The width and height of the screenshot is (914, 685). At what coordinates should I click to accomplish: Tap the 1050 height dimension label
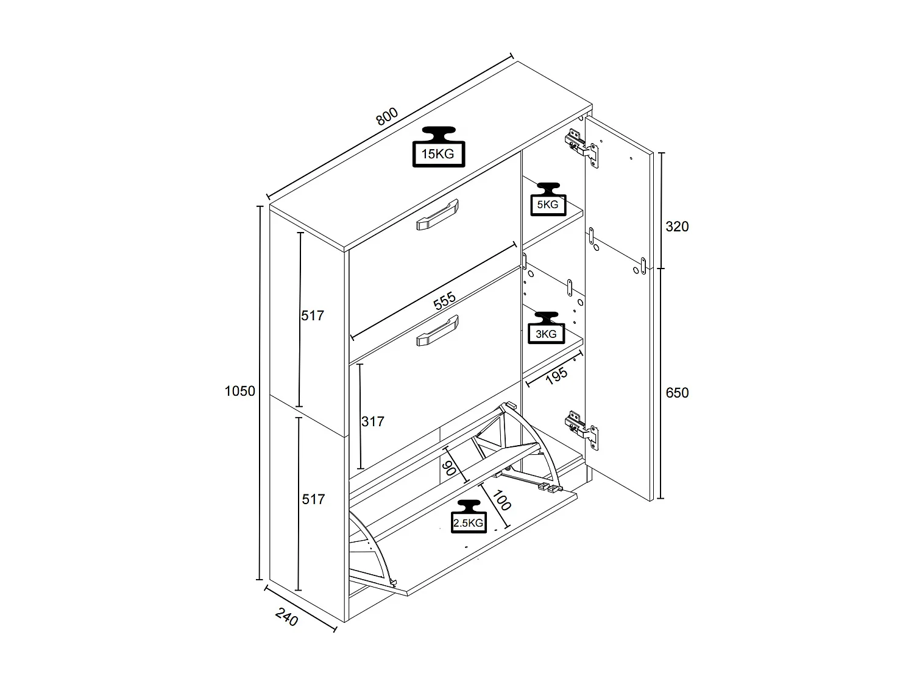tap(239, 392)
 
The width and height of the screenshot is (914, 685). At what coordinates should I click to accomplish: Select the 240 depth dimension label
tap(286, 617)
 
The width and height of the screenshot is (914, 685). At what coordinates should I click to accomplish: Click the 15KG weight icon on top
tap(438, 147)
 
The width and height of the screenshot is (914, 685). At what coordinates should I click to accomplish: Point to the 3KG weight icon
tap(546, 328)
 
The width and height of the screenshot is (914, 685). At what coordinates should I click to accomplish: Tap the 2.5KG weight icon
tap(469, 517)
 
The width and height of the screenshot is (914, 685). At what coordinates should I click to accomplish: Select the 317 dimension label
tap(372, 421)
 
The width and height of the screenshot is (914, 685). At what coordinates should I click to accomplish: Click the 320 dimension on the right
tap(676, 227)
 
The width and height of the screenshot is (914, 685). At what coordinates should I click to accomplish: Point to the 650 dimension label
tap(676, 393)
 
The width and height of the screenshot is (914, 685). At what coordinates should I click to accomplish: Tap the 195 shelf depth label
tap(556, 376)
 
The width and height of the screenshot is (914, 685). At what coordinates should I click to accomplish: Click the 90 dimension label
tap(449, 468)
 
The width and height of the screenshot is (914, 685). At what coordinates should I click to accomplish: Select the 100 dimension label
tap(501, 500)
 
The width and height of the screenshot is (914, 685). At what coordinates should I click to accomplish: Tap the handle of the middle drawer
tap(436, 332)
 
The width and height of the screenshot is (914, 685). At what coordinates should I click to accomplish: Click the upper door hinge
tap(582, 146)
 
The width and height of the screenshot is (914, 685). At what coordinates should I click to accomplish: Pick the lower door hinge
tap(582, 427)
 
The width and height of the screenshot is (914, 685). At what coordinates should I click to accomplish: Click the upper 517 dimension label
tap(313, 315)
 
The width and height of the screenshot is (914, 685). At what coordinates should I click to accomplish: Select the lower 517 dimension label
tap(313, 499)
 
